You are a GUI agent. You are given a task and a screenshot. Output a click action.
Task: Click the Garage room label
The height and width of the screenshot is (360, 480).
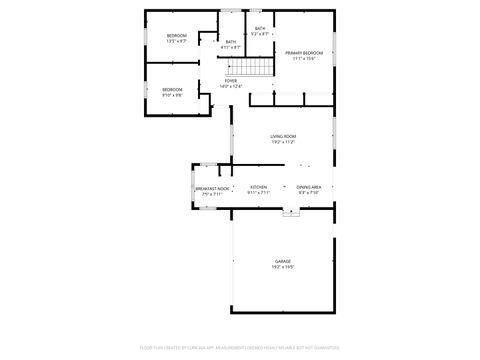pyautogui.click(x=283, y=261)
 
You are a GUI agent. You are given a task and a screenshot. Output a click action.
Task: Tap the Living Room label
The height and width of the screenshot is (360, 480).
pyautogui.click(x=283, y=136)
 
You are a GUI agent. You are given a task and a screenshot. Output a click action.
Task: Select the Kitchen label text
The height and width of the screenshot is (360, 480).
pyautogui.click(x=258, y=187)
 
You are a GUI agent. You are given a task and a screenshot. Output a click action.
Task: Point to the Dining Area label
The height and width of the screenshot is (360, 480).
pyautogui.click(x=308, y=187)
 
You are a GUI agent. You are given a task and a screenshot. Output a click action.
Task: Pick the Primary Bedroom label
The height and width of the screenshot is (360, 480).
pyautogui.click(x=303, y=52)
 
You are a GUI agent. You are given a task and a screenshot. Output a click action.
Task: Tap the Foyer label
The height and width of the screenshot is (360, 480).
pyautogui.click(x=231, y=80)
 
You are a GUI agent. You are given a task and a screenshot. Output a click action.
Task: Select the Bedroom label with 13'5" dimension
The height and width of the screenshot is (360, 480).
pyautogui.click(x=177, y=35)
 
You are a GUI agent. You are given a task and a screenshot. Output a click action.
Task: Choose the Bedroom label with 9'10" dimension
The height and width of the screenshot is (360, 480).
pyautogui.click(x=172, y=90)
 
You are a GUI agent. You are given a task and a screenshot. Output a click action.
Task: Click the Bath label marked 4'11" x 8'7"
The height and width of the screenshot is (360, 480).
pyautogui.click(x=231, y=41)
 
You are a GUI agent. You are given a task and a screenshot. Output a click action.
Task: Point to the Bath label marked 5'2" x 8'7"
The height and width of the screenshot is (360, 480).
pyautogui.click(x=260, y=28)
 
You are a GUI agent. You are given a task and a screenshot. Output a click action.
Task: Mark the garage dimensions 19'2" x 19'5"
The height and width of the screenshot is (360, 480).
pyautogui.click(x=283, y=267)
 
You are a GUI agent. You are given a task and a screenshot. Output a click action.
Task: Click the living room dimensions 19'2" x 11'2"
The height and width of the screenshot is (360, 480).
pyautogui.click(x=283, y=142)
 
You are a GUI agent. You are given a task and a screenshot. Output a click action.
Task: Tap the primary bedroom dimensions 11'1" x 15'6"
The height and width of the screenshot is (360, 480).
pyautogui.click(x=303, y=58)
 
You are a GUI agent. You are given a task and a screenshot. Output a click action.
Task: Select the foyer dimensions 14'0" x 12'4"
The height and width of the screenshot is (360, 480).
pyautogui.click(x=231, y=86)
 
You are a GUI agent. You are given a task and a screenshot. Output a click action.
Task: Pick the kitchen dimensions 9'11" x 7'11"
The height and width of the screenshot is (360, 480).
pyautogui.click(x=258, y=193)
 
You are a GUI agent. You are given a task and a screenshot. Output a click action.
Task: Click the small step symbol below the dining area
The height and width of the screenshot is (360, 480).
pyautogui.click(x=291, y=211)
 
